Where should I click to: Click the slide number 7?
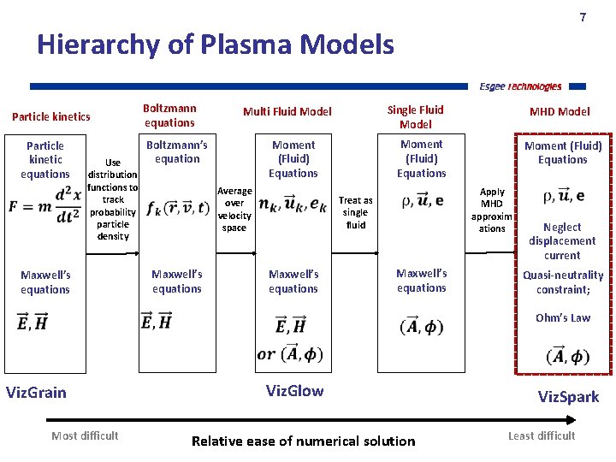coord(583,17)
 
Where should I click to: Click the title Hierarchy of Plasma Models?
coord(216,44)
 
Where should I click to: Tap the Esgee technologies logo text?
coord(520,86)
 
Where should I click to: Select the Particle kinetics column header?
coord(51,116)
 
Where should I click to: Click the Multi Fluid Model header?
coord(287,111)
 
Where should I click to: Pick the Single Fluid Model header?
coord(415,116)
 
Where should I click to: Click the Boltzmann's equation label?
coord(177,151)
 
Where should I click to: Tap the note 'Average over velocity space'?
coord(234,210)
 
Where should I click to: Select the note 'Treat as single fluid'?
coord(355,212)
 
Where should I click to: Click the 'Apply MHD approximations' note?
coord(492,210)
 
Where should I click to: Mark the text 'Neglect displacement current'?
coord(562,241)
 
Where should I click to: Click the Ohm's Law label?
coord(563,317)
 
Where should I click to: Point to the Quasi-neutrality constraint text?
coord(563,282)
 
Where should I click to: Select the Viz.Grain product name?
coord(36,393)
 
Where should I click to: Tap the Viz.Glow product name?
coord(294,391)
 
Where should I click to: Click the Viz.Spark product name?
coord(568,397)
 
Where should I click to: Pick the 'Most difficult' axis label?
coord(85,435)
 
